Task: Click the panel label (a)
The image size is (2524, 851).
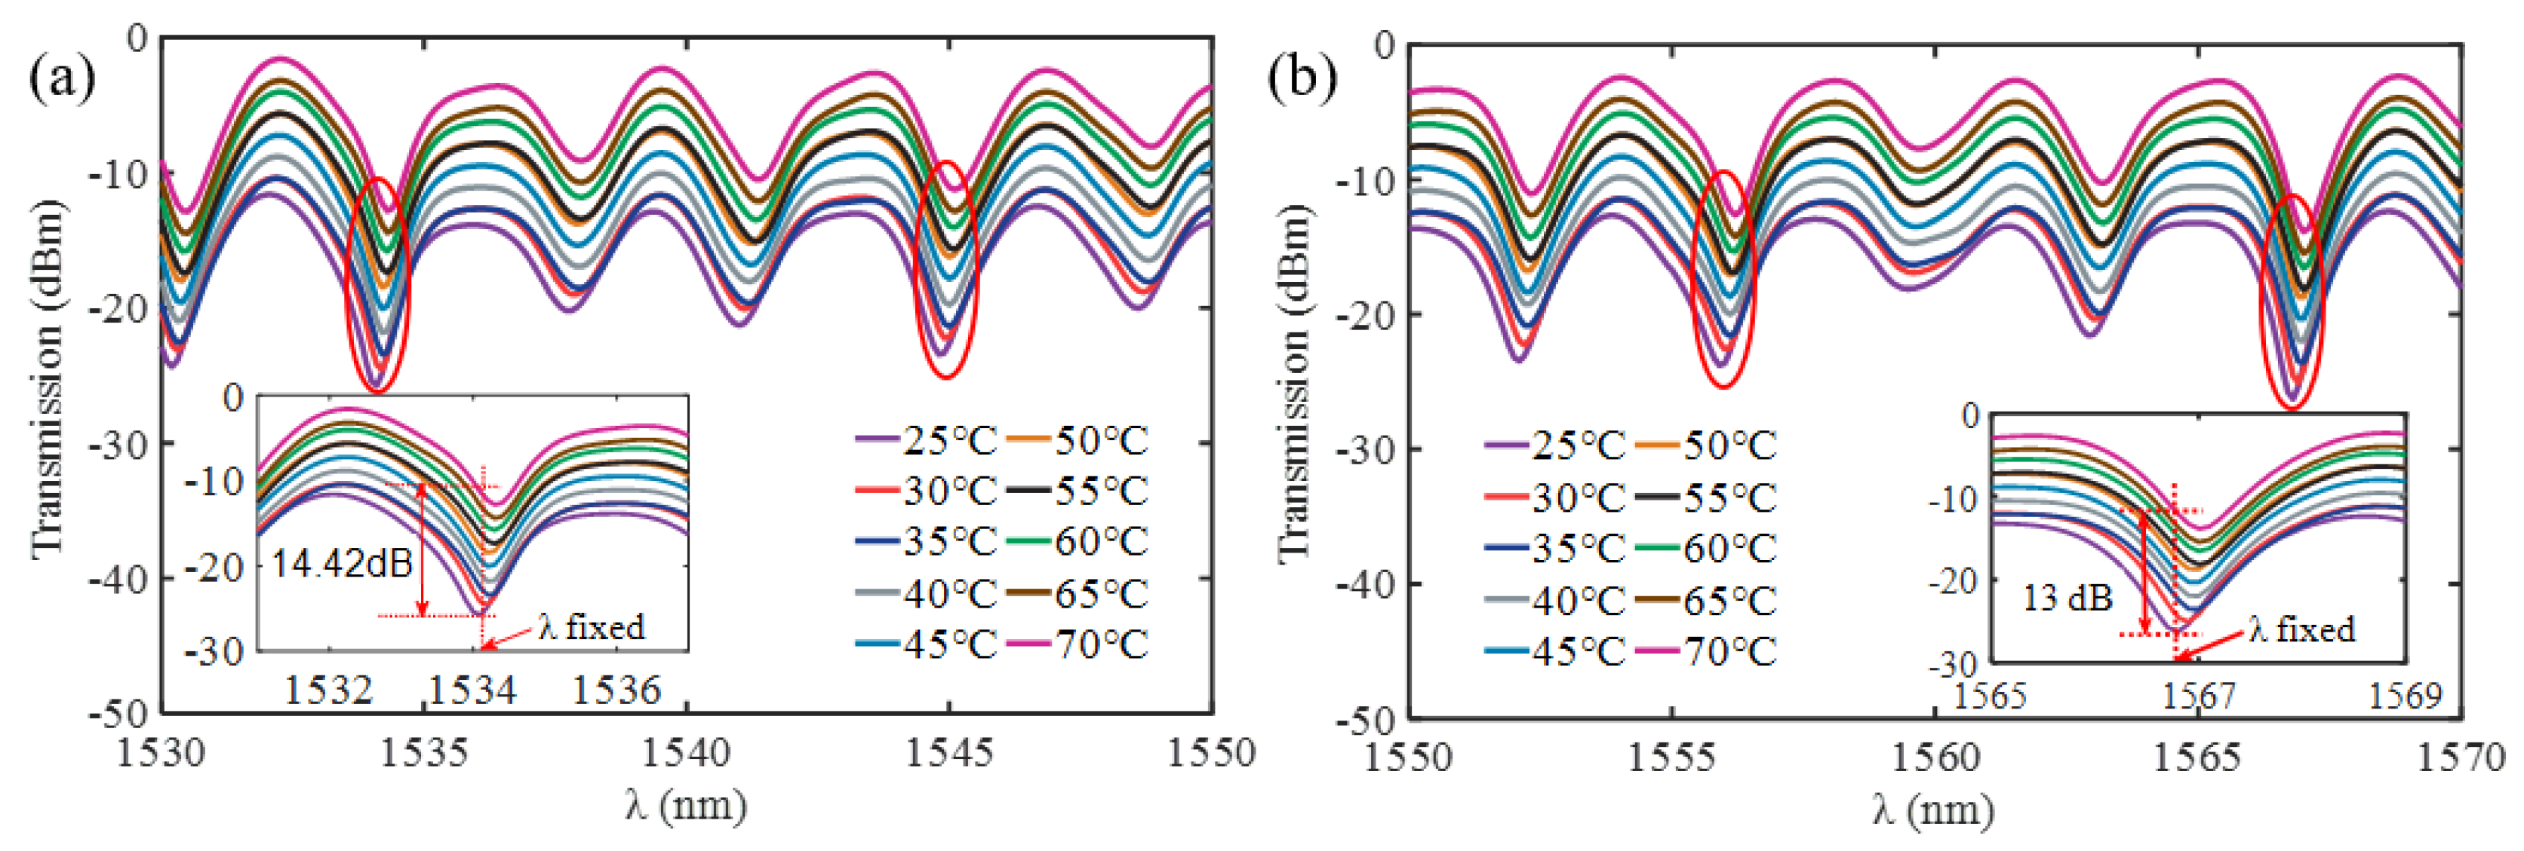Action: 61,78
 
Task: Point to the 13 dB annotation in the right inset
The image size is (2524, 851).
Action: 2067,598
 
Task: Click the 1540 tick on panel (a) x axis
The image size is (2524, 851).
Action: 686,753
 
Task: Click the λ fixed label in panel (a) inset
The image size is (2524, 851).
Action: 592,626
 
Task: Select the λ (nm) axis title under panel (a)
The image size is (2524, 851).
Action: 686,805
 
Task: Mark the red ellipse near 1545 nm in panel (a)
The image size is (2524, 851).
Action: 945,269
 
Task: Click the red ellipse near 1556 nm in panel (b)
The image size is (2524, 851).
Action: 1723,279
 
